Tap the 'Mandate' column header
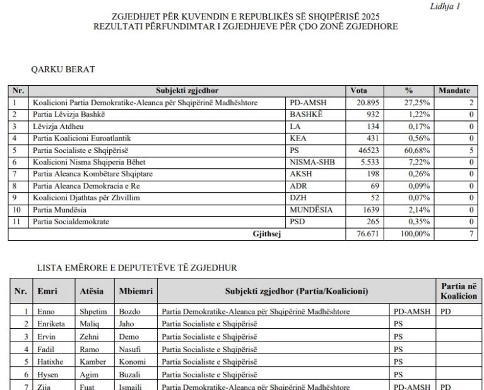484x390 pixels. (454, 91)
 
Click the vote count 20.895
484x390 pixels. (358, 102)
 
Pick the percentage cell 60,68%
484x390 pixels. (416, 151)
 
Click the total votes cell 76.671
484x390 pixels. (358, 234)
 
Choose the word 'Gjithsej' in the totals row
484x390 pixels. (266, 234)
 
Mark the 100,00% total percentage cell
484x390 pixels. (416, 234)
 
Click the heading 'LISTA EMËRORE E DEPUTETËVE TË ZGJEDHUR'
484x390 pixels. (137, 268)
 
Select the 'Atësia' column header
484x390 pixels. (92, 291)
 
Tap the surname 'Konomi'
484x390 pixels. (132, 362)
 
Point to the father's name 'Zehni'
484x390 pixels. (90, 336)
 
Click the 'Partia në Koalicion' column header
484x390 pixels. (459, 291)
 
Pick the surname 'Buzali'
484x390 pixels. (131, 374)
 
